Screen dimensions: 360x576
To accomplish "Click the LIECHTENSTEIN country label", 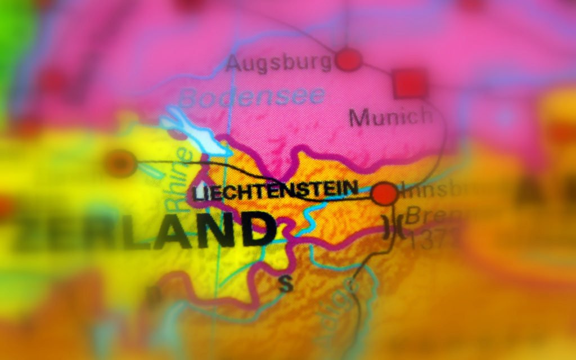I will click(x=275, y=190).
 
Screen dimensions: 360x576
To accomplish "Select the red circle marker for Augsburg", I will click(x=348, y=59).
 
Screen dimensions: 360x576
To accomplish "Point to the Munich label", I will click(x=390, y=117).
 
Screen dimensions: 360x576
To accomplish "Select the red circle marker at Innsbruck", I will click(x=385, y=193).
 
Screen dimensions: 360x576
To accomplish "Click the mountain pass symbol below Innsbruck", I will click(x=391, y=227).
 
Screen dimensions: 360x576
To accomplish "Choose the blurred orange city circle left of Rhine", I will click(x=120, y=164).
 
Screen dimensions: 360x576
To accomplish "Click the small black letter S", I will click(x=286, y=285).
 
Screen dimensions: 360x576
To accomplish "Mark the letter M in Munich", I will click(x=360, y=118).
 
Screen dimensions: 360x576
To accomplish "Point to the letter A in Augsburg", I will click(x=235, y=65).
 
